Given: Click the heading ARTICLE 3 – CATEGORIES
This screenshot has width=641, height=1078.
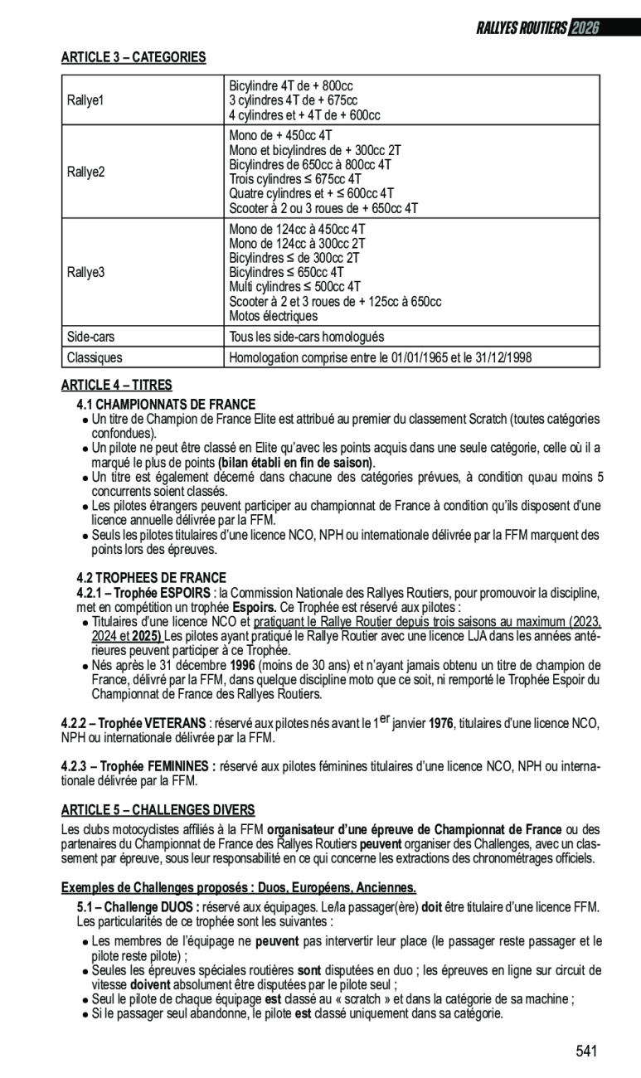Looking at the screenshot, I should pyautogui.click(x=134, y=57).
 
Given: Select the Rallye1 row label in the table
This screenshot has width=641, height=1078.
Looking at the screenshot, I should pyautogui.click(x=85, y=100).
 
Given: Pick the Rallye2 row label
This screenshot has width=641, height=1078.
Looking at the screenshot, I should pyautogui.click(x=85, y=172).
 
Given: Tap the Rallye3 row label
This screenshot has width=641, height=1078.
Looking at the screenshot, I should pyautogui.click(x=85, y=271).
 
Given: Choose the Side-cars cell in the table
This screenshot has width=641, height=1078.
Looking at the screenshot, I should pyautogui.click(x=90, y=337).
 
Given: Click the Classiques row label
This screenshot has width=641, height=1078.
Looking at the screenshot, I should pyautogui.click(x=95, y=357).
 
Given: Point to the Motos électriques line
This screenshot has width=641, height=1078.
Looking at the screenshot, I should pyautogui.click(x=273, y=316).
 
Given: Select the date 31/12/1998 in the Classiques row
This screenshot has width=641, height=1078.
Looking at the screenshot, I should pyautogui.click(x=502, y=357).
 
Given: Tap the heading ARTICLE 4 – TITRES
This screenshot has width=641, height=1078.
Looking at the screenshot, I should pyautogui.click(x=117, y=385).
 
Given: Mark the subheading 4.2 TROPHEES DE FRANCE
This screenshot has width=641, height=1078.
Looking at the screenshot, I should pyautogui.click(x=151, y=577).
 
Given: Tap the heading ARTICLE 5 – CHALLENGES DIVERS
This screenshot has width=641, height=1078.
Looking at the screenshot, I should pyautogui.click(x=158, y=809).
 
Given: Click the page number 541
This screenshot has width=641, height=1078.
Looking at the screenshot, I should pyautogui.click(x=586, y=1051).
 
